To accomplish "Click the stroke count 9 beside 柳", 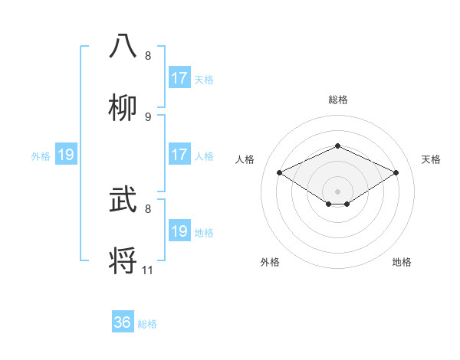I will click(x=148, y=116).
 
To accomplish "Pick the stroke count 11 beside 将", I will click(x=148, y=270).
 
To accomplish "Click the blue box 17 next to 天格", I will click(x=179, y=78).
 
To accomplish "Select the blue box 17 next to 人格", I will click(x=179, y=155).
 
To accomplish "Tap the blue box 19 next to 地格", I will click(x=179, y=231).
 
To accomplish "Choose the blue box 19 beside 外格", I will click(x=66, y=155).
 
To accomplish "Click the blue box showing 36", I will click(x=123, y=322).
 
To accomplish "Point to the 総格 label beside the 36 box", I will click(x=147, y=324).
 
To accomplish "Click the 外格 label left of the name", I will click(x=41, y=156).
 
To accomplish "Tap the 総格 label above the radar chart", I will click(x=337, y=100).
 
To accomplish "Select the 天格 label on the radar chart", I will click(x=431, y=159).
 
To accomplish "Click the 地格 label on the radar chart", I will click(x=402, y=262).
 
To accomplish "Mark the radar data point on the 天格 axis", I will click(x=396, y=173).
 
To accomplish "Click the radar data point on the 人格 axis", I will click(x=279, y=173).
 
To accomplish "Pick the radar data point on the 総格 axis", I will click(x=337, y=146).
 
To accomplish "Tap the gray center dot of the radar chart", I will click(x=337, y=191).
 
